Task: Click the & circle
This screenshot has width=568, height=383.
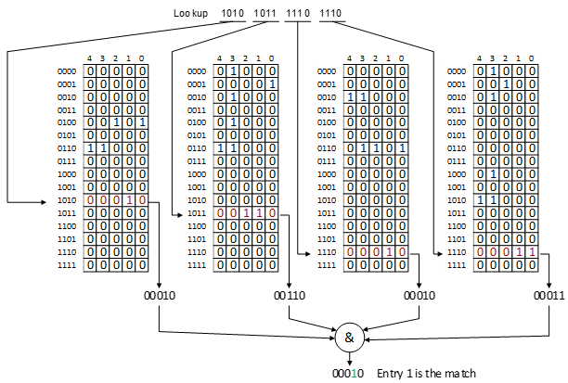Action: point(350,338)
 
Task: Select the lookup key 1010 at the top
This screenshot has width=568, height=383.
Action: point(232,13)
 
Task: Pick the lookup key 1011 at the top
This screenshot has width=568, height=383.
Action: point(265,13)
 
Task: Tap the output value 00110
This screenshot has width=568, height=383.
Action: point(289,295)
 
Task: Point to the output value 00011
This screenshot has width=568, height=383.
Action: point(547,295)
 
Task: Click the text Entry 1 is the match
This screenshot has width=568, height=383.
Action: point(426,373)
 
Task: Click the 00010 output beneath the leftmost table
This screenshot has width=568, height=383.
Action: point(159,295)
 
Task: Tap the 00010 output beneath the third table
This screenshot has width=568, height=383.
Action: point(419,295)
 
